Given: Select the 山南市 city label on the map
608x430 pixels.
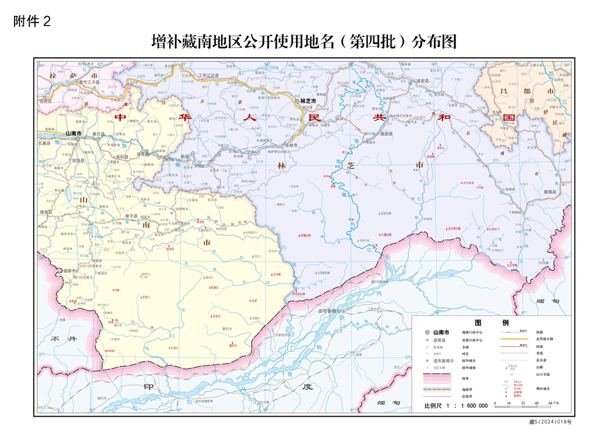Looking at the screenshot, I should tap(73, 133).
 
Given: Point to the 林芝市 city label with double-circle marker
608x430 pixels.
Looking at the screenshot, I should tap(308, 100).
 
